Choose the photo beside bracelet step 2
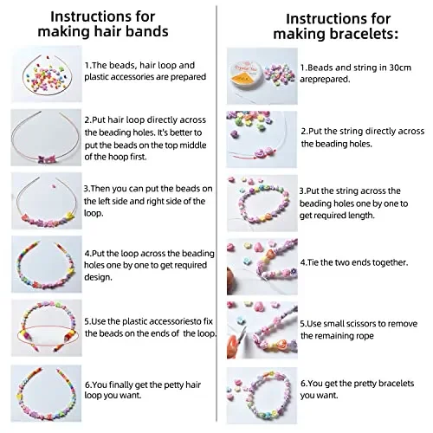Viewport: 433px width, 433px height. (x=256, y=134)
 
